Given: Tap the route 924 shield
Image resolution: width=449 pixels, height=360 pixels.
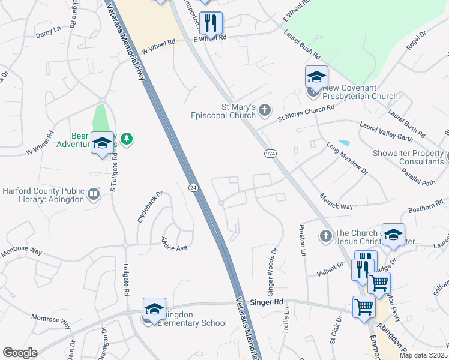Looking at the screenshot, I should click(x=270, y=154).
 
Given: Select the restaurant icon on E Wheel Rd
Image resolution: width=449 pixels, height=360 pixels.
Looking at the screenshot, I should click(x=210, y=23).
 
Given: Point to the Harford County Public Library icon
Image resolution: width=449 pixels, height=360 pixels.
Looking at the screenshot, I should click(x=93, y=194).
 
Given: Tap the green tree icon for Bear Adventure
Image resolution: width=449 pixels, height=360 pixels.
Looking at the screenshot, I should click(x=126, y=139).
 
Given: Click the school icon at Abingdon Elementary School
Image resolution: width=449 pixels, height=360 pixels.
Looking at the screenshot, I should click(x=154, y=309).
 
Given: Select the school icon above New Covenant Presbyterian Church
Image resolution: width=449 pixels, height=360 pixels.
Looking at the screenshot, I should click(x=316, y=77).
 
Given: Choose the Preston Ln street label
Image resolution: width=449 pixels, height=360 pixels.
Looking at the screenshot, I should click(x=301, y=239).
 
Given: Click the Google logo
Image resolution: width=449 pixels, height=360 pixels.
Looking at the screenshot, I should click(x=20, y=353).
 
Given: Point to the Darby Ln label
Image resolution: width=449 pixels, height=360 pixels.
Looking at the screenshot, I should click(x=49, y=29).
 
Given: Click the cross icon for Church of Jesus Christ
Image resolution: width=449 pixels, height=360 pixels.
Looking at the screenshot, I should click(x=326, y=236).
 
